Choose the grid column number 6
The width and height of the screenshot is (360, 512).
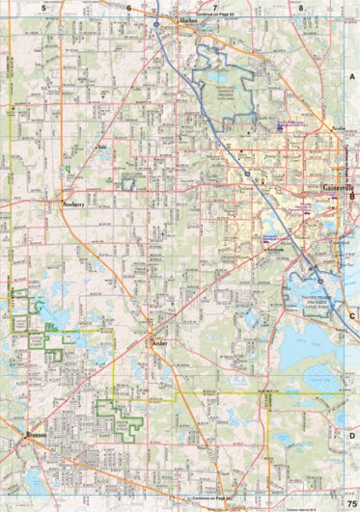click(x=128, y=7)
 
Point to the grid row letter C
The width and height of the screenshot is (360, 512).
click(x=352, y=315)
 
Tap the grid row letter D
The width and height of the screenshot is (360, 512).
click(x=352, y=434)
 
